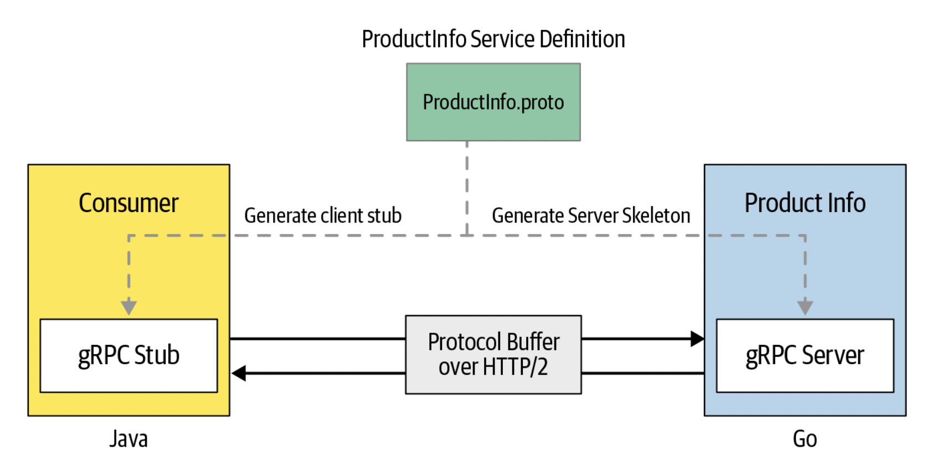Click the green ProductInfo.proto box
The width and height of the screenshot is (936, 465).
tap(493, 102)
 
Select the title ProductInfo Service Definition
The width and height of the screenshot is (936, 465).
tap(493, 39)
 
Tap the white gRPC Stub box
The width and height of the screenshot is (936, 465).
tap(128, 355)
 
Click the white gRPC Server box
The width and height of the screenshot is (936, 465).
tap(805, 355)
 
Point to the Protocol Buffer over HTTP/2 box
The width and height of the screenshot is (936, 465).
tap(493, 354)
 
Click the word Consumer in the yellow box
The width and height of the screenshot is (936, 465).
tap(128, 203)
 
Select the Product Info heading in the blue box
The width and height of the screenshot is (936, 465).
tap(805, 203)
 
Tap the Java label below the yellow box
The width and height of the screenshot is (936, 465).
tap(128, 439)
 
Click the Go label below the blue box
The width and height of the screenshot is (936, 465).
tap(805, 439)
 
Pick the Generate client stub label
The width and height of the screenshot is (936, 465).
tap(323, 216)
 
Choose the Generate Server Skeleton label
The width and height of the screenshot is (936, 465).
tap(591, 216)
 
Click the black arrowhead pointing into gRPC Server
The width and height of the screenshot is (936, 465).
tap(697, 339)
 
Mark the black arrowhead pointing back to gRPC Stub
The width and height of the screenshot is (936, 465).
tap(239, 373)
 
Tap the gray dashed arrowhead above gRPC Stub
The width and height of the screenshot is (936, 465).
tap(128, 307)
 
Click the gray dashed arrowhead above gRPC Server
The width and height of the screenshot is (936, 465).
tap(805, 307)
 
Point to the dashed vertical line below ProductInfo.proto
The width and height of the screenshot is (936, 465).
tap(467, 188)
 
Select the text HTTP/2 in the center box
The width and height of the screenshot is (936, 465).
tap(515, 367)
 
